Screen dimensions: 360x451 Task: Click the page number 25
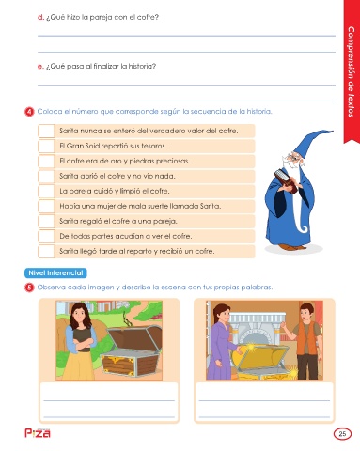pos(342,434)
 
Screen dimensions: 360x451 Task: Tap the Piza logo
pos(38,433)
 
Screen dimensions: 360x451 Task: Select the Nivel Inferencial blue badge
pos(55,272)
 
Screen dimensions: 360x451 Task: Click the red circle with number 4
pos(29,112)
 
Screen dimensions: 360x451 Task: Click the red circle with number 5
pos(29,288)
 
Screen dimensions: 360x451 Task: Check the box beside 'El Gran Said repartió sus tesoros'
pos(46,146)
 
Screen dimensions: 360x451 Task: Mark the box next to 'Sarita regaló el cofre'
pos(46,221)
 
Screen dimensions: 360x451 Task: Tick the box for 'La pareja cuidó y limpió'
pos(46,191)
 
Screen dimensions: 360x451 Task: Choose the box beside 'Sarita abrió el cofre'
pos(46,176)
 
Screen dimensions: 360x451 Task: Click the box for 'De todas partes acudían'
pos(46,236)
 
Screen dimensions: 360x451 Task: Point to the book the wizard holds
pos(285,180)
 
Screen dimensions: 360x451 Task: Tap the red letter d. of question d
pos(40,18)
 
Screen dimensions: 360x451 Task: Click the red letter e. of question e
pos(40,67)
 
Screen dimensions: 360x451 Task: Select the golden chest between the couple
pos(261,361)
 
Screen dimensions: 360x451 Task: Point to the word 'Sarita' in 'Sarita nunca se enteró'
pos(69,131)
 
